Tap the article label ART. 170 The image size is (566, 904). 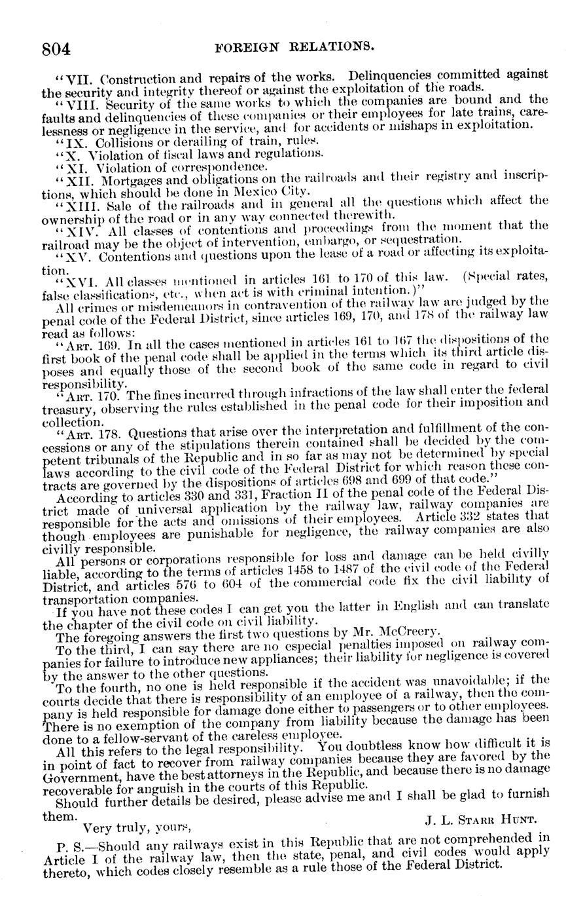(91, 396)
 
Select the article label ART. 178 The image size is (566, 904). (91, 434)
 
